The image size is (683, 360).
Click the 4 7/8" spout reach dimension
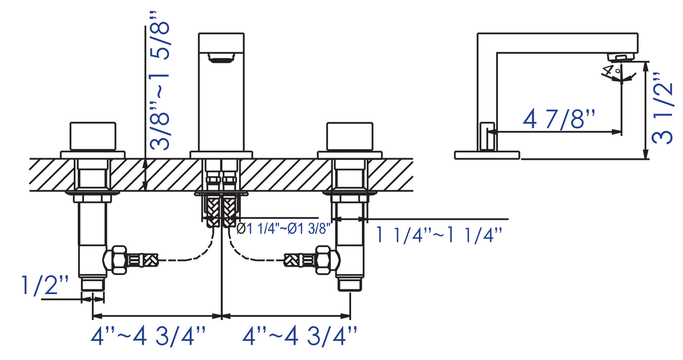(559, 119)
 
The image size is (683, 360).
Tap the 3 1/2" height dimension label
(662, 108)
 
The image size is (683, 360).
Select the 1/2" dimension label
(44, 285)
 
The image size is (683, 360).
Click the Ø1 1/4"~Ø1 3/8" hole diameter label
(284, 228)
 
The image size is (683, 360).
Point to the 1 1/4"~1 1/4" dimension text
(439, 235)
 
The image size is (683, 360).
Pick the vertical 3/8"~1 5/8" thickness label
(159, 80)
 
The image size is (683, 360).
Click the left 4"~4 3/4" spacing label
(148, 336)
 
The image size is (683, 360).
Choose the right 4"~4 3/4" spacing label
(299, 336)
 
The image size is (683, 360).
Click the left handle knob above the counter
(93, 137)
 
